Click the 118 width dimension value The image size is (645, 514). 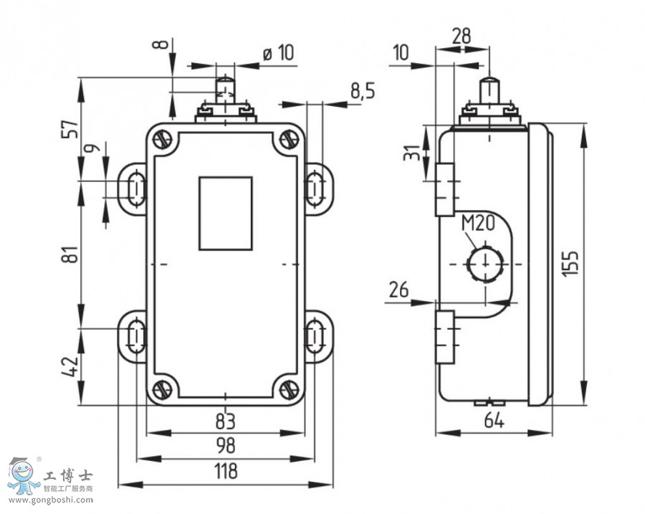pyautogui.click(x=226, y=472)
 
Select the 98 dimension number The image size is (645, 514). pyautogui.click(x=226, y=446)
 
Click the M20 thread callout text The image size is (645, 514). pyautogui.click(x=478, y=224)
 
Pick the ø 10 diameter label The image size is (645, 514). pyautogui.click(x=278, y=52)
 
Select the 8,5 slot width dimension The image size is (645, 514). pyautogui.click(x=363, y=90)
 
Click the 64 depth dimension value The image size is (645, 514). pyautogui.click(x=494, y=421)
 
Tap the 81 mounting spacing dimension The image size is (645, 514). pyautogui.click(x=70, y=254)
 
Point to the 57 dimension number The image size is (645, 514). pyautogui.click(x=70, y=129)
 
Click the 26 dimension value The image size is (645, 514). pyautogui.click(x=398, y=290)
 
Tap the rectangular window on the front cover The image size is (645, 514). pyautogui.click(x=226, y=214)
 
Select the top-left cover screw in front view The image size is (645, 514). pyautogui.click(x=162, y=138)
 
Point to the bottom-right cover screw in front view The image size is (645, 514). pyautogui.click(x=289, y=390)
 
